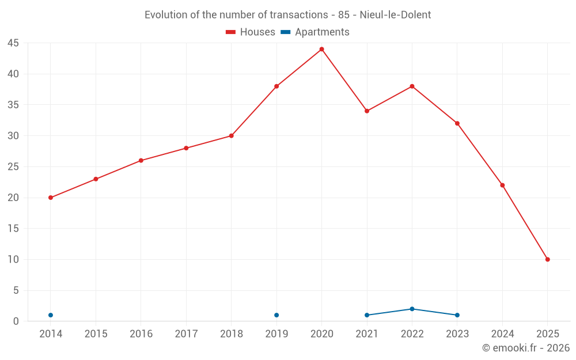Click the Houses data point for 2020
click(x=321, y=49)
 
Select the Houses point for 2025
click(x=547, y=259)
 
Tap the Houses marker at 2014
click(x=51, y=198)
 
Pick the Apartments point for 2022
click(x=412, y=309)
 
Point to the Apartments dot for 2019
click(x=276, y=315)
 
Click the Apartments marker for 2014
click(x=51, y=315)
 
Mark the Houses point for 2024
click(x=502, y=185)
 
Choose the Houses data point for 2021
click(x=367, y=111)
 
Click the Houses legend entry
click(x=251, y=32)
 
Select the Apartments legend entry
click(x=315, y=32)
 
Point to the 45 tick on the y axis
click(x=13, y=43)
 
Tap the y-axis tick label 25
click(x=13, y=167)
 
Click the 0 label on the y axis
click(x=16, y=321)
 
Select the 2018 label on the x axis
click(x=232, y=334)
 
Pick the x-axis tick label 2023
click(x=457, y=334)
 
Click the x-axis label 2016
click(x=141, y=334)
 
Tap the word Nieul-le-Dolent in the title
click(x=395, y=15)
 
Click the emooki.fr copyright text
click(x=525, y=348)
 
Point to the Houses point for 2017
click(x=186, y=148)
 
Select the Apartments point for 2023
click(x=457, y=315)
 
